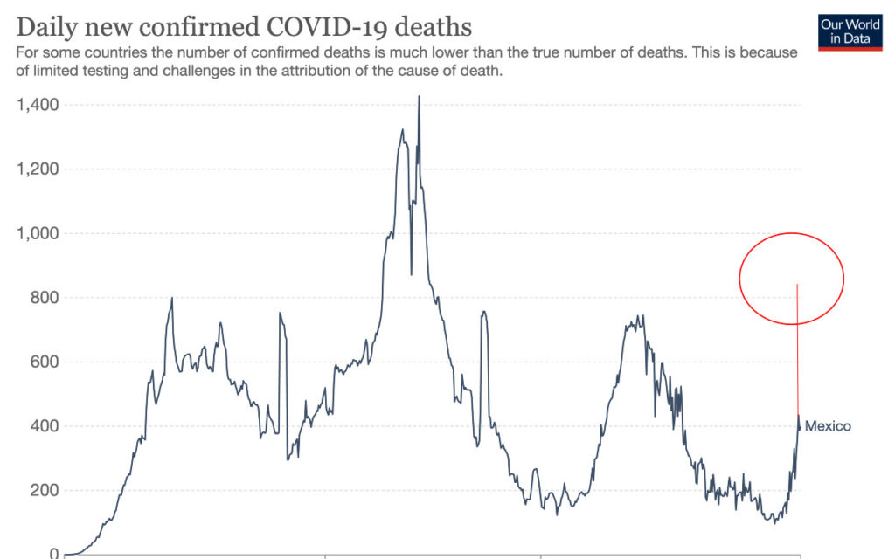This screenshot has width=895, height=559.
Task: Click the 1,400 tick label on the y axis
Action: [38, 105]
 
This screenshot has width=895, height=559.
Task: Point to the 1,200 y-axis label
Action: [38, 169]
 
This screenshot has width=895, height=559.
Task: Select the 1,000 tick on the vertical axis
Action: [38, 233]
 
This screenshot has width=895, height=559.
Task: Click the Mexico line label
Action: [827, 426]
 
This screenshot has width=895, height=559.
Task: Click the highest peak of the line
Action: [419, 98]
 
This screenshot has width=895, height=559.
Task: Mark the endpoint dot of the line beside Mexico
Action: [799, 427]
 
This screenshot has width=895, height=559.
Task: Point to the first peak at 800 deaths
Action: [171, 299]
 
